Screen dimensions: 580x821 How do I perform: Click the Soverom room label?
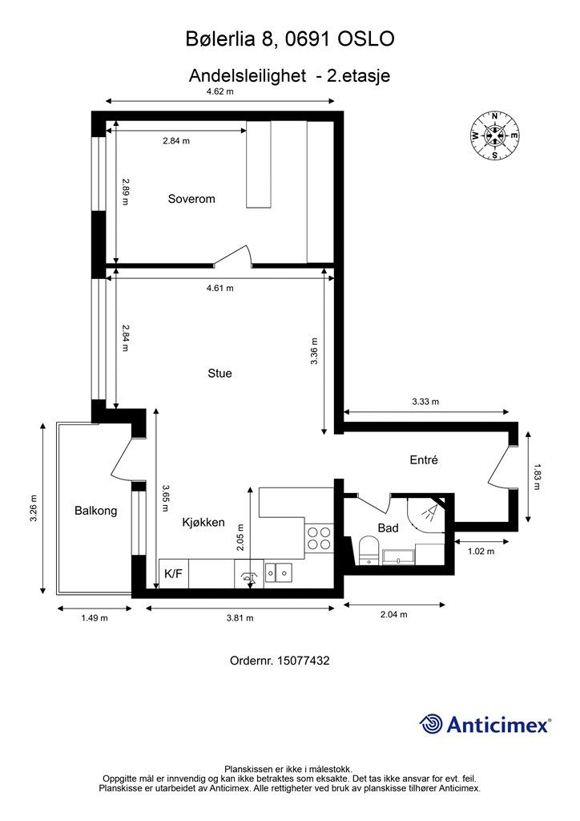[x=191, y=199]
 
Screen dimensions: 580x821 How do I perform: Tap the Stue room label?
[x=220, y=374]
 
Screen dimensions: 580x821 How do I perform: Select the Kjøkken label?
[x=203, y=523]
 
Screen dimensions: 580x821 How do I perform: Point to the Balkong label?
[x=95, y=511]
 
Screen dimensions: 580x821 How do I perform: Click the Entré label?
[x=424, y=459]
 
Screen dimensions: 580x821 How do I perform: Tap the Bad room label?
[x=388, y=528]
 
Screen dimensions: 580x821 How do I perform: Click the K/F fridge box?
[x=174, y=574]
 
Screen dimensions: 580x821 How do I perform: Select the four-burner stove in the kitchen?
[x=319, y=538]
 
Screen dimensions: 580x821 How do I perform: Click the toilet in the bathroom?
[x=370, y=551]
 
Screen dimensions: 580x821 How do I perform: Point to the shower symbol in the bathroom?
[x=429, y=512]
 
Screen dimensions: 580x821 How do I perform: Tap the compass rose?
[x=495, y=135]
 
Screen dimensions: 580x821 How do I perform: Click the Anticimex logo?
[x=485, y=725]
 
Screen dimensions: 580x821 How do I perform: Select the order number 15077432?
[x=304, y=661]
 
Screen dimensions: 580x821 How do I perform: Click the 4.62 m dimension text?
[x=220, y=91]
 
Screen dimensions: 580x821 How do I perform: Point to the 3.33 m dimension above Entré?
[x=425, y=402]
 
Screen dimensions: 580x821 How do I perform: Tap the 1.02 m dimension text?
[x=481, y=551]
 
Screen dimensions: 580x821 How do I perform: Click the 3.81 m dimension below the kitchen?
[x=240, y=618]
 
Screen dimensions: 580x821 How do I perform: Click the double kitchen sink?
[x=278, y=572]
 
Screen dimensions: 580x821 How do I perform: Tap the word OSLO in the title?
[x=366, y=39]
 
